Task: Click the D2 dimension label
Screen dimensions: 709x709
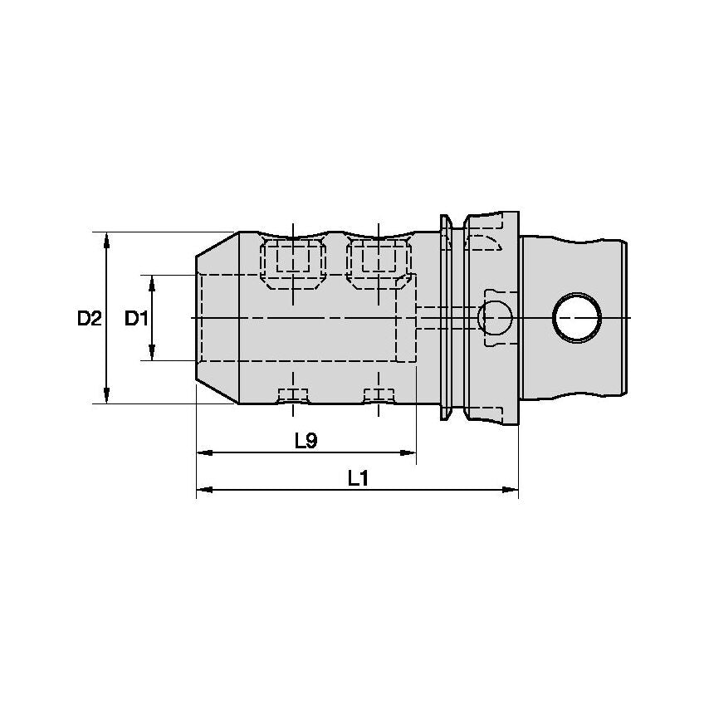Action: [89, 318]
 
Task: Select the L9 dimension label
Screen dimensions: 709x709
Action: [306, 441]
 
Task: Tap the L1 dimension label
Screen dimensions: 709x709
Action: [359, 478]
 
